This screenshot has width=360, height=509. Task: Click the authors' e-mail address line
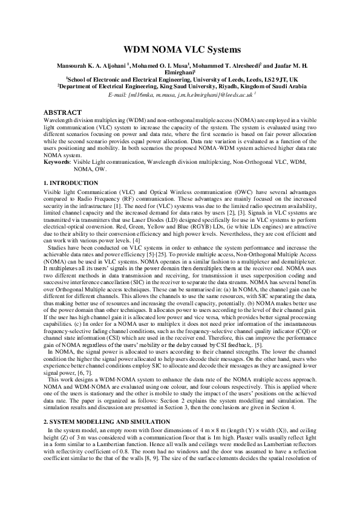[180, 95]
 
